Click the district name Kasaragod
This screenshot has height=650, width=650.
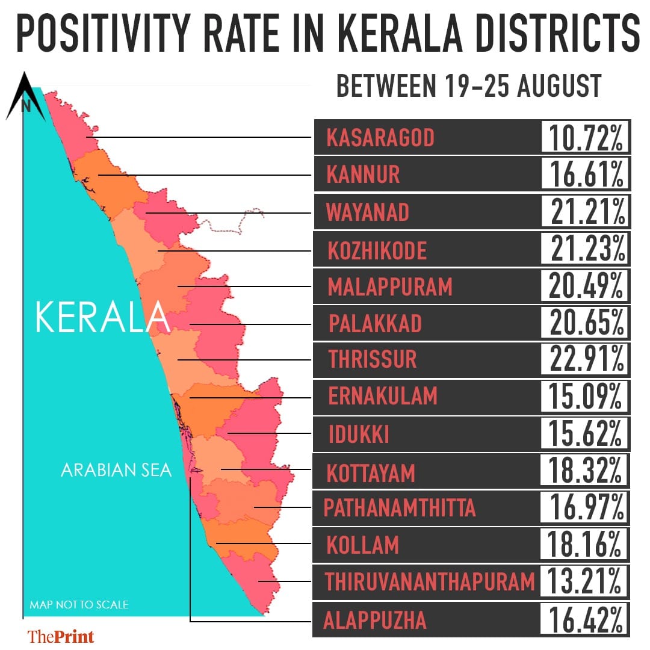coord(380,138)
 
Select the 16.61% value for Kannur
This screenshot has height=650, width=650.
coord(585,175)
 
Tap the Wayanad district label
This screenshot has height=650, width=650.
coord(367,212)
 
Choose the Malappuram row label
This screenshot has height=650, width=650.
coord(390,286)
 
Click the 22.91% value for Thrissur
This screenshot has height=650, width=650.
coord(585,359)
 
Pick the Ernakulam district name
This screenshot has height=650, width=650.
coord(383,396)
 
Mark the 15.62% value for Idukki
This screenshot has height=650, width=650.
coord(585,433)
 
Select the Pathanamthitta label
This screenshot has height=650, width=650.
coord(400,508)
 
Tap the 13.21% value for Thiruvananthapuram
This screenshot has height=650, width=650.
coord(585,581)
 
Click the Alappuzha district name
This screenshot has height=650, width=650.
coord(375,620)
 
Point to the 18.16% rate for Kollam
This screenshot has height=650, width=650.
coord(585,545)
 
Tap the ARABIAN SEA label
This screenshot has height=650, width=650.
coord(116,469)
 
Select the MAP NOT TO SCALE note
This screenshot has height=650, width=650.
coord(79,604)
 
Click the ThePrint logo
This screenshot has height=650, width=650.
coord(61,636)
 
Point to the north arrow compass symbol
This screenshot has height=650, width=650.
coord(26,97)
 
